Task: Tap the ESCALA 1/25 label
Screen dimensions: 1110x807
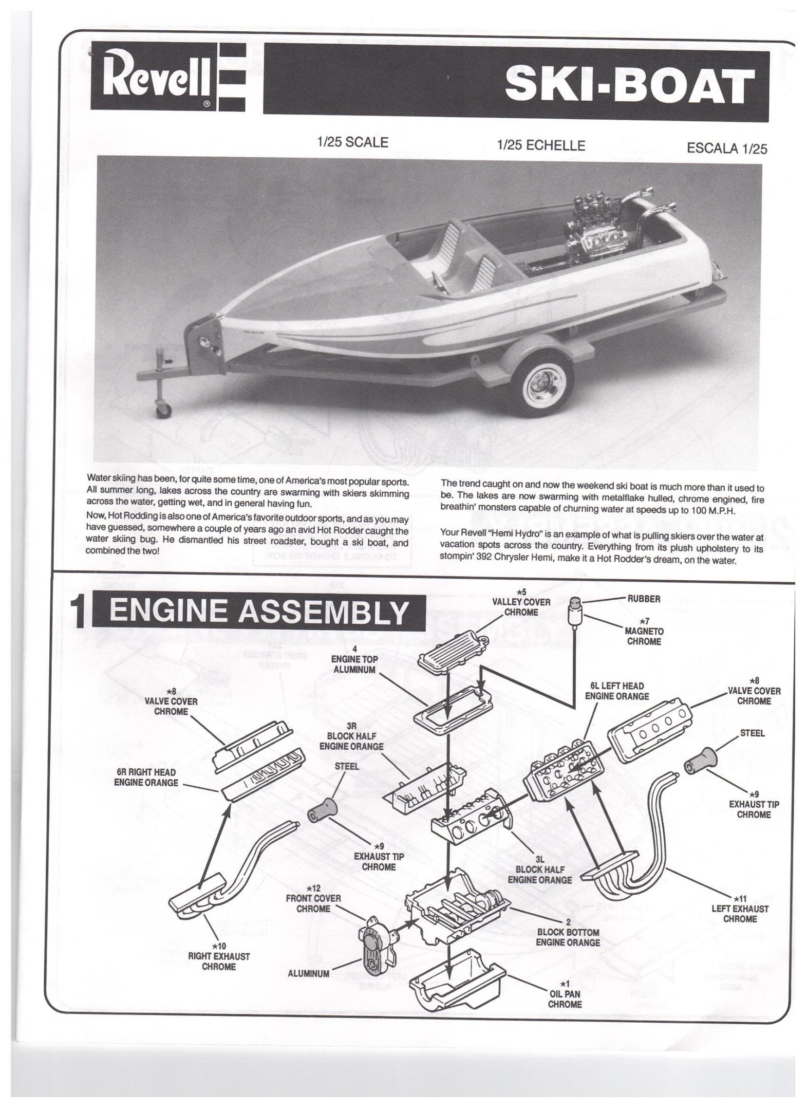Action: (726, 149)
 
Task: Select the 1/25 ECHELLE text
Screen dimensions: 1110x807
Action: (540, 146)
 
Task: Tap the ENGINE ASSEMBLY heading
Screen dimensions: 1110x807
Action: (259, 613)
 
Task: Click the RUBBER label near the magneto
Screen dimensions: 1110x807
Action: (644, 599)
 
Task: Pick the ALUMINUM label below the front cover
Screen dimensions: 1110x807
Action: (308, 973)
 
